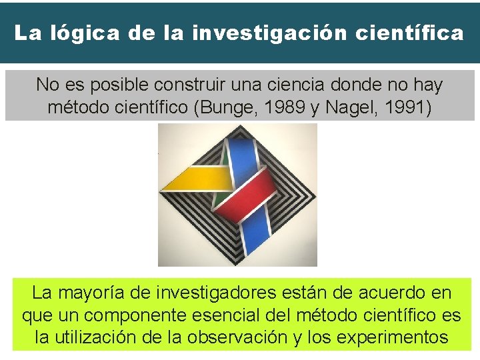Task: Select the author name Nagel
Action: coord(347,107)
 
